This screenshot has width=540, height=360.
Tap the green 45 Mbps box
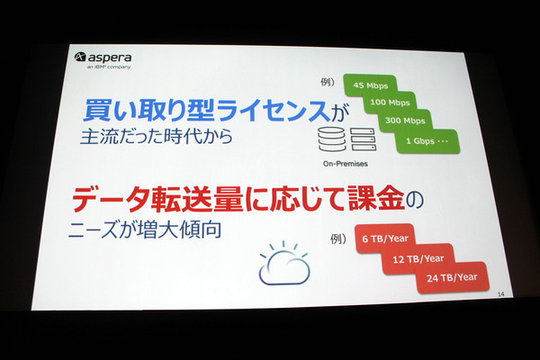tap(370, 85)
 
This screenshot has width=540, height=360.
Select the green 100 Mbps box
tap(390, 103)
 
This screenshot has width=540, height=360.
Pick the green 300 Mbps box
tap(405, 121)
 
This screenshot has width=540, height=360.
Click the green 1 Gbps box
tap(427, 141)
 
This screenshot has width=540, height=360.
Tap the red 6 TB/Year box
tap(385, 238)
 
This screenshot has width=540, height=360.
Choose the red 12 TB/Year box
tap(418, 258)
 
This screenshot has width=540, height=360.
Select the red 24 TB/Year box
tap(452, 278)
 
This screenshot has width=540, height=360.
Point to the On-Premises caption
tap(346, 164)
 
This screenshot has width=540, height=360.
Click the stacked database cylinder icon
tap(331, 139)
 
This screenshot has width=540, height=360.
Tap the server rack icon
tap(363, 139)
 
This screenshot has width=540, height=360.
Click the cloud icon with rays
tap(284, 264)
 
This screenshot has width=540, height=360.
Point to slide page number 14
tap(500, 294)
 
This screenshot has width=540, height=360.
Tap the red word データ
tap(111, 199)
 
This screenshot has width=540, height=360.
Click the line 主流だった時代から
tap(157, 137)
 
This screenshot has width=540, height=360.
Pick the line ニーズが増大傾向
tap(145, 229)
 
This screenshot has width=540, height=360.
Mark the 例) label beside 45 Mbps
tap(328, 82)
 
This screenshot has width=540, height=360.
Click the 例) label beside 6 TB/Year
tap(338, 238)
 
